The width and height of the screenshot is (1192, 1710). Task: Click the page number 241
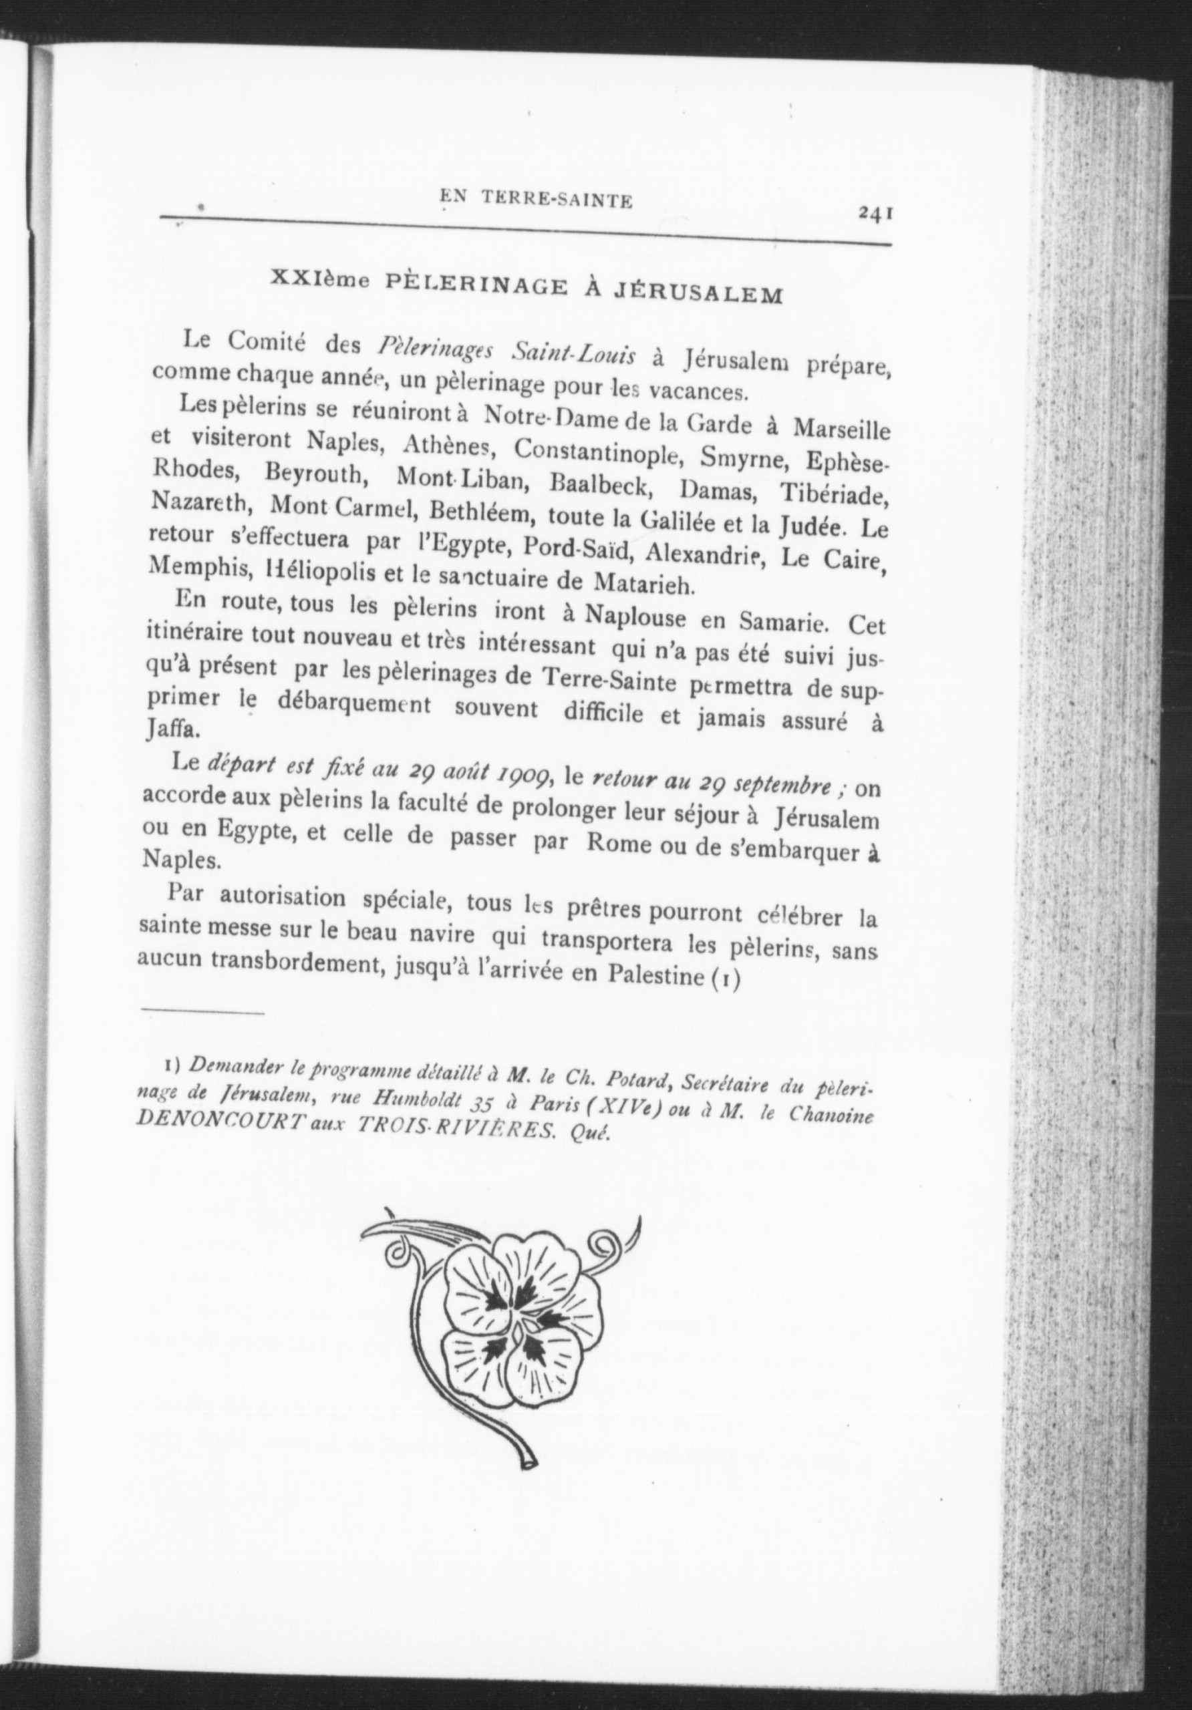click(x=875, y=214)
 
